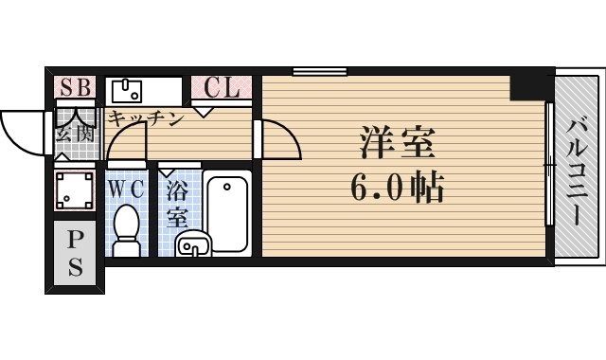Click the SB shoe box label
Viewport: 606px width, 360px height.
pos(75,88)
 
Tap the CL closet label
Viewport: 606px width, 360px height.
pos(223,88)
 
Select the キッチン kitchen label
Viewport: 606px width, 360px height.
pos(144,118)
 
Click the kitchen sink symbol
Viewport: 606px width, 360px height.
pos(126,91)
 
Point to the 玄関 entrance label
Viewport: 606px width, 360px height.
pos(74,133)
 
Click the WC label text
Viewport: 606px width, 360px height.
pos(125,189)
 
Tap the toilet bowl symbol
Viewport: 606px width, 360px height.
pos(125,227)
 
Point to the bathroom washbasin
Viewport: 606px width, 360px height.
pos(193,244)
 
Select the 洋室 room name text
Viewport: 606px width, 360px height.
pos(397,144)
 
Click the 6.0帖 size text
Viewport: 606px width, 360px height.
pos(398,189)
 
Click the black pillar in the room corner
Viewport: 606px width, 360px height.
pos(527,86)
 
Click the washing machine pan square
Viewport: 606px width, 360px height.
pos(74,190)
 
